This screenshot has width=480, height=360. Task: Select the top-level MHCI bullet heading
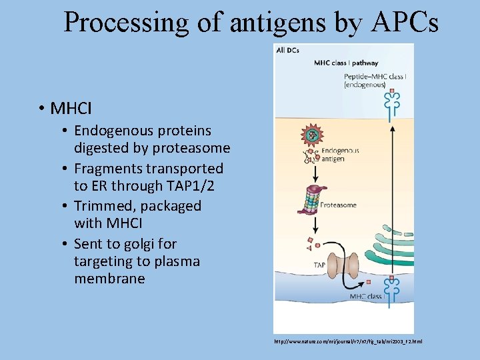(71, 107)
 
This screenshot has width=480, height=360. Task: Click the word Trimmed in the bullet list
(101, 206)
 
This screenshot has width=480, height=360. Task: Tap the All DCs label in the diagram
(287, 50)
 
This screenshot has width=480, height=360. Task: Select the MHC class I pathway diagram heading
(346, 63)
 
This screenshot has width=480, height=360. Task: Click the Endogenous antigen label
(340, 155)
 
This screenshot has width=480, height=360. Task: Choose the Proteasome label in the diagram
(339, 205)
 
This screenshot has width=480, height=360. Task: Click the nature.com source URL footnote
(347, 341)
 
